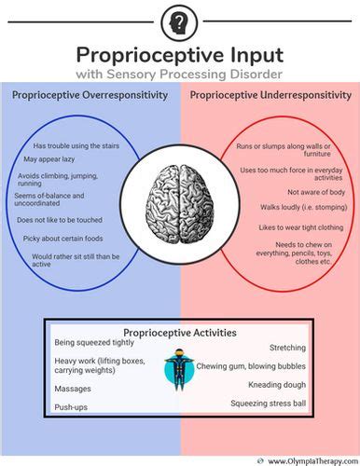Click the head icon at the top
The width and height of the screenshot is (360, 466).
(179, 21)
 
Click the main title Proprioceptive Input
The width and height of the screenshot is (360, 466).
(179, 54)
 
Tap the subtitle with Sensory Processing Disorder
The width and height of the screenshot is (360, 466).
(179, 74)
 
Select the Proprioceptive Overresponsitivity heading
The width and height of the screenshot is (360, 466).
(90, 95)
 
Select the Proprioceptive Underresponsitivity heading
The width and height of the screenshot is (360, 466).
(270, 95)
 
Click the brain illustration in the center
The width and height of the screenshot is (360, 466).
(180, 197)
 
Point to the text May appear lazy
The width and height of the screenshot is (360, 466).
(50, 159)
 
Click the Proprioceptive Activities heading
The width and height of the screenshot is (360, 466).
(179, 333)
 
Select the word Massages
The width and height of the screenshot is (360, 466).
(74, 389)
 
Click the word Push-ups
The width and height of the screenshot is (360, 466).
(72, 408)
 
